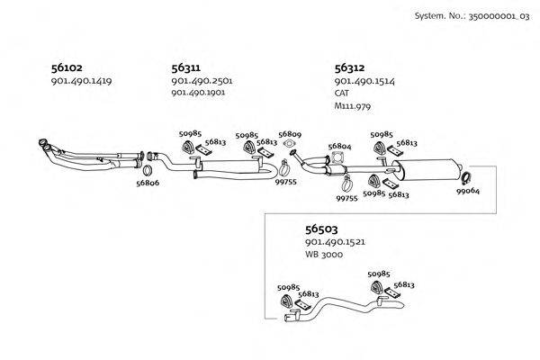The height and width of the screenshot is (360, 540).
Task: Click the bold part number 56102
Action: pos(67,67)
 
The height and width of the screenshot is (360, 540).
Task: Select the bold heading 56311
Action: pos(186,67)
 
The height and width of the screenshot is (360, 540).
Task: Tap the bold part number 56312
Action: pos(349,67)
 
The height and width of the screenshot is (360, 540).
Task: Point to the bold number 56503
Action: pos(321,229)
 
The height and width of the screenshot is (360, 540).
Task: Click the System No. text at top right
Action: pos(472,16)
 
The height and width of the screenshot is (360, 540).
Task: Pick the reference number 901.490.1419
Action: pos(81,81)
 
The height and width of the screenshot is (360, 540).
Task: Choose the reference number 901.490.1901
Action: pos(198,93)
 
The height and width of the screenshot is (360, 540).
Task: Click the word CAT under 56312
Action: pos(342,93)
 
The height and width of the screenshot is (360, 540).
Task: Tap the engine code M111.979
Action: pos(353,106)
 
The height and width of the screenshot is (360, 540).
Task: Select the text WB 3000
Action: pos(324,255)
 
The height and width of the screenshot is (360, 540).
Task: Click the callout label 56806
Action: pos(148,183)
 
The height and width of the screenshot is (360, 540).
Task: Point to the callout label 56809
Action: pos(290,134)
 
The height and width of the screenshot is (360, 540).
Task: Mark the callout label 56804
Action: pos(339,147)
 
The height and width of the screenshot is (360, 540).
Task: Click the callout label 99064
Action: pos(468,191)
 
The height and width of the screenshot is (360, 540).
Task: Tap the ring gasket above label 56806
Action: pos(148,170)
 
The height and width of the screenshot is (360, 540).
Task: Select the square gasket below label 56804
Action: pos(336,157)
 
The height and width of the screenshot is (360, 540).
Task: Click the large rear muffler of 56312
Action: pos(427,169)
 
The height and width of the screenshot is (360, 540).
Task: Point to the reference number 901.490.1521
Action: pos(335,242)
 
